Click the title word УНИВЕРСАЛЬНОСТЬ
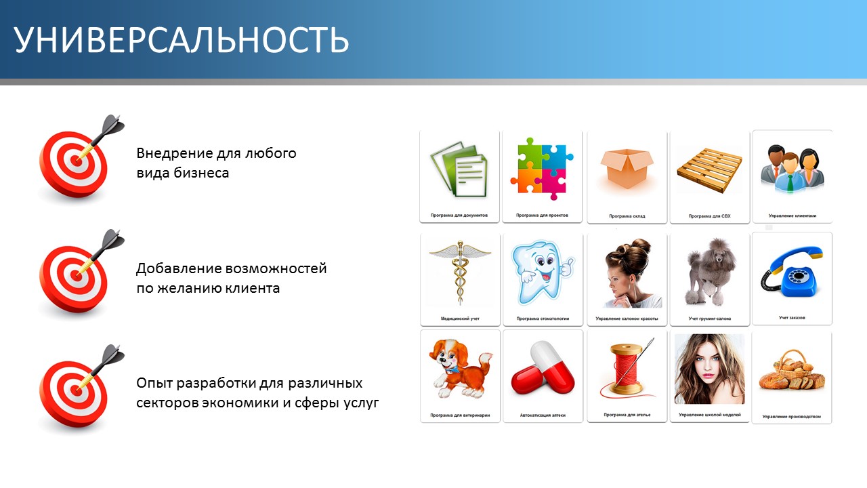(181, 40)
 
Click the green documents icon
(459, 169)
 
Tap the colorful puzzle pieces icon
(542, 169)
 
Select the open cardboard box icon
(627, 169)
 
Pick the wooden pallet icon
(709, 170)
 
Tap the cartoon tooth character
(543, 272)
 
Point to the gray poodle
(710, 272)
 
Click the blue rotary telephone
(792, 272)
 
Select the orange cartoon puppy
(460, 368)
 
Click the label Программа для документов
(459, 216)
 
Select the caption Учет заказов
(792, 318)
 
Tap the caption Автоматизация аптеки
(543, 415)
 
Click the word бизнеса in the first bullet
(201, 173)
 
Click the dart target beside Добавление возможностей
(77, 276)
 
